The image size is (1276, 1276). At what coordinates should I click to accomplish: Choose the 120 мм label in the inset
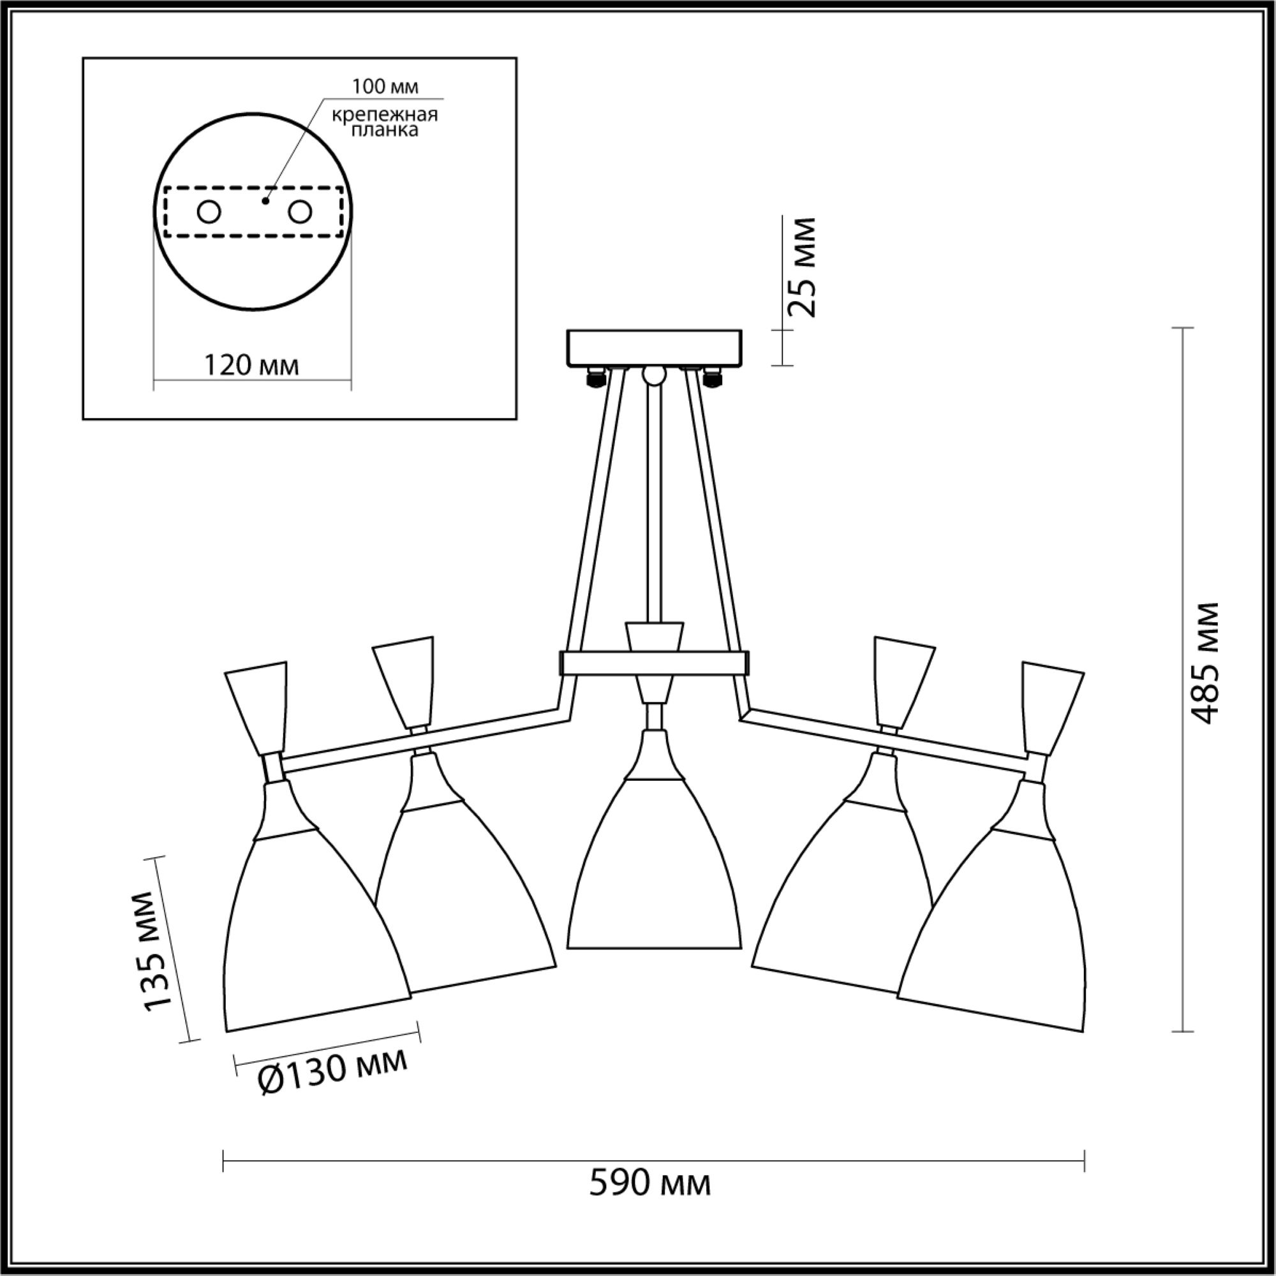coord(251,364)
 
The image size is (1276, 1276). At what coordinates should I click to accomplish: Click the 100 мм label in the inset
coord(385,87)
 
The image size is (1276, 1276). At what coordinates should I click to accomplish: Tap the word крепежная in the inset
coord(385,115)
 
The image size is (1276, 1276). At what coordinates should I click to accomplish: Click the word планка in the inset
coord(385,130)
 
